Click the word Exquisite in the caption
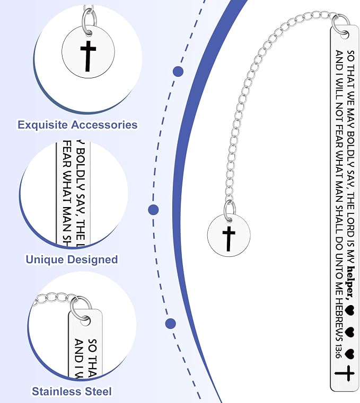point(43,125)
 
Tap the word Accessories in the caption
point(104,125)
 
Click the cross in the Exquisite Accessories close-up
point(88,56)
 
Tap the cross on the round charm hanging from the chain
point(229,239)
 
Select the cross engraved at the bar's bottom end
point(345,373)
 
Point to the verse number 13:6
point(338,351)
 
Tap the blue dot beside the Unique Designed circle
point(153,210)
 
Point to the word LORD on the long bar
point(350,228)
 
